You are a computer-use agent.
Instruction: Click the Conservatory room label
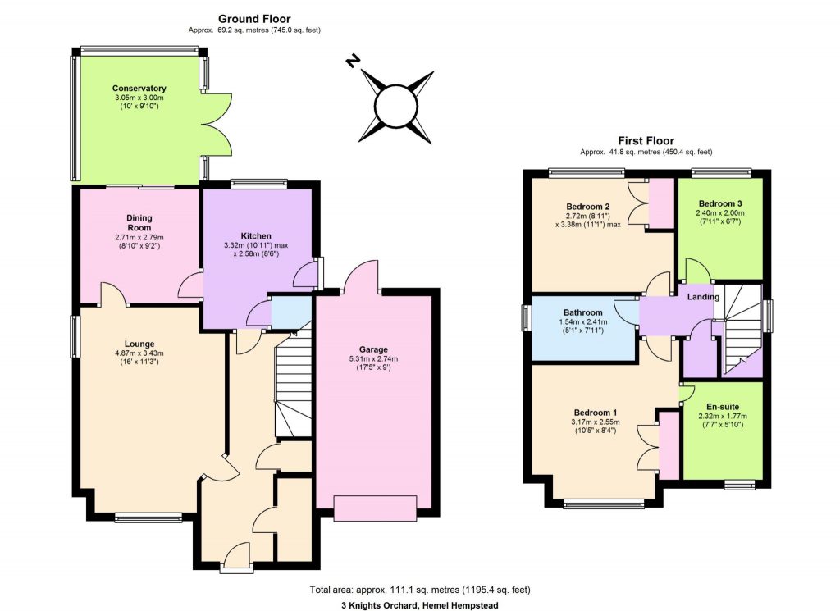[x=139, y=89]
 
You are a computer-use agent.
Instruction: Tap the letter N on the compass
[x=354, y=61]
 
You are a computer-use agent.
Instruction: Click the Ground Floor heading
[x=253, y=19]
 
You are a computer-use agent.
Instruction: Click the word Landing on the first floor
[x=704, y=297]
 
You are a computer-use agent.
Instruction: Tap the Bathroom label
[x=583, y=312]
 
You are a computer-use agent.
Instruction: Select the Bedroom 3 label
[x=721, y=203]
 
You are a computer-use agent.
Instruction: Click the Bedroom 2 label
[x=588, y=206]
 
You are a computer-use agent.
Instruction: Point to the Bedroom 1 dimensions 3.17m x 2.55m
[x=595, y=422]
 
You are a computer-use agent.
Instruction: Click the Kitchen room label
[x=256, y=236]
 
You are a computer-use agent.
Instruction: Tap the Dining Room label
[x=139, y=223]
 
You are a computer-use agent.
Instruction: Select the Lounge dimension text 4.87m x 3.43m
[x=139, y=354]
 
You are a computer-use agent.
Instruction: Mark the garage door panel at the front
[x=375, y=508]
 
